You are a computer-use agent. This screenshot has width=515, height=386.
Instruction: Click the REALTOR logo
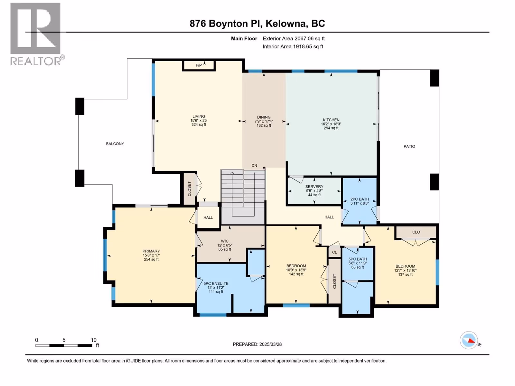(x=37, y=34)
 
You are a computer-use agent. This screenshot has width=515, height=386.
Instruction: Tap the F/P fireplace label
(x=199, y=65)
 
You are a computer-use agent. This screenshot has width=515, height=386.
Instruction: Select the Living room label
(x=199, y=116)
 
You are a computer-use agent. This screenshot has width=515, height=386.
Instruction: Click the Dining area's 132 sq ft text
(x=264, y=125)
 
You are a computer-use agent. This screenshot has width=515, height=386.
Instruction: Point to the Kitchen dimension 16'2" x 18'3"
(x=331, y=124)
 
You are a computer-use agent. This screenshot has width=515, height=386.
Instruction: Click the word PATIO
(x=409, y=146)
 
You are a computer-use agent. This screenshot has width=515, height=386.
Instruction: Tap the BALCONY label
(x=115, y=144)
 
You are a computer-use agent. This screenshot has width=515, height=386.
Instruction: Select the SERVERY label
(x=314, y=187)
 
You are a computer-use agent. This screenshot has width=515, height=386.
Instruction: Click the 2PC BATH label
(x=360, y=199)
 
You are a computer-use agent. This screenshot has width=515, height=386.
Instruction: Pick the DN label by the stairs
(x=254, y=165)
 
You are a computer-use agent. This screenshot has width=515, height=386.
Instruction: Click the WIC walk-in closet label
(x=225, y=241)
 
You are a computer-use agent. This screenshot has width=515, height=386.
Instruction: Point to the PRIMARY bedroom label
(x=151, y=251)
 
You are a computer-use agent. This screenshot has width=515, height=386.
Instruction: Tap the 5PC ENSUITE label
(x=216, y=284)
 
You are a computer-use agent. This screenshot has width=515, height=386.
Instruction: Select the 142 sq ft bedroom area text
(x=296, y=274)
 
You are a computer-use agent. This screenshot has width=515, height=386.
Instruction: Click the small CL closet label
(x=334, y=253)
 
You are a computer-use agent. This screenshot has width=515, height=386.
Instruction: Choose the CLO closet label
(x=416, y=232)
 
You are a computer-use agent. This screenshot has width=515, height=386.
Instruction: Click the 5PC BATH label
(x=358, y=259)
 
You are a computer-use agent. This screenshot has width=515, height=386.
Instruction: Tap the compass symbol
(x=469, y=340)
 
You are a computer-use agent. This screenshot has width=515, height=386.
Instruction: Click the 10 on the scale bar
(x=94, y=340)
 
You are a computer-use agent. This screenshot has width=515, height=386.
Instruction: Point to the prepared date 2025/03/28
(x=270, y=344)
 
